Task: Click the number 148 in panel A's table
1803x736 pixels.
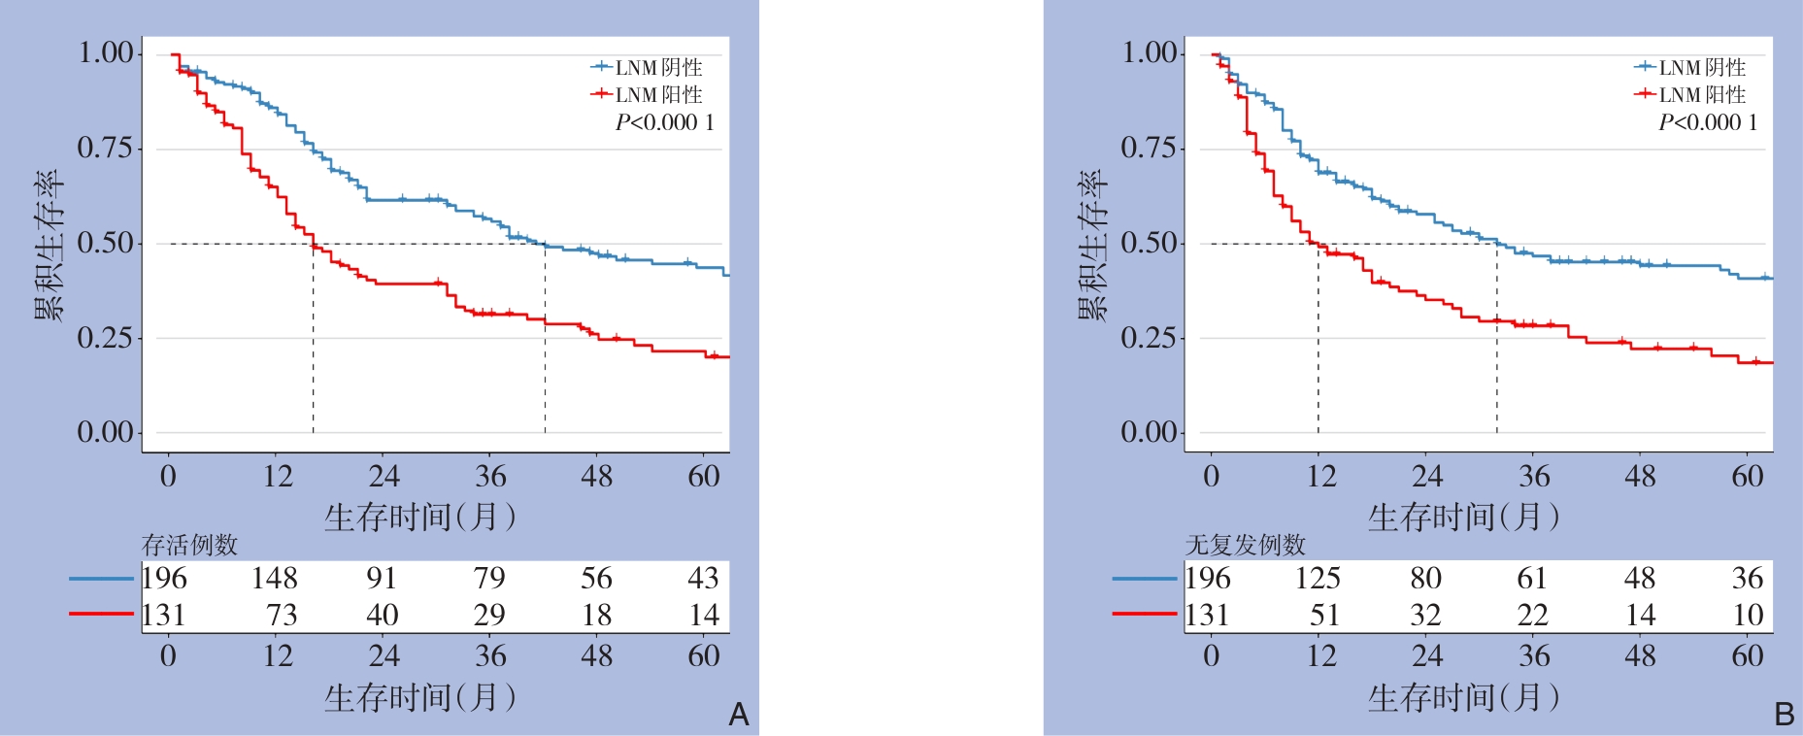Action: tap(274, 579)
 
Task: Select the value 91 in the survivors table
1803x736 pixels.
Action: tap(382, 579)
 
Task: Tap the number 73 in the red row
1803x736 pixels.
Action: tap(282, 616)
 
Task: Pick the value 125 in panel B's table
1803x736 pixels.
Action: tap(1318, 579)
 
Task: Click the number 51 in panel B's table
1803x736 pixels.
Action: tap(1324, 616)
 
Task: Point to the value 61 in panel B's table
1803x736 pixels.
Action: tap(1532, 579)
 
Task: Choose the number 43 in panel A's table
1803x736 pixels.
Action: tap(703, 579)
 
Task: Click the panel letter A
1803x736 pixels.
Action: tap(739, 715)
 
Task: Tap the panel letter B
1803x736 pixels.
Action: tap(1784, 715)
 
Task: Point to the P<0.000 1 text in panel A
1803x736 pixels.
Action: tap(665, 122)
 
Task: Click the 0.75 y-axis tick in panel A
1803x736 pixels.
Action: tap(105, 148)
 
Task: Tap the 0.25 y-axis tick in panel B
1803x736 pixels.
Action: tap(1148, 338)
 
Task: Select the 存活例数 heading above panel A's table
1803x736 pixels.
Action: tap(189, 545)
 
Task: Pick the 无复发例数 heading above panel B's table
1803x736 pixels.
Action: tap(1245, 545)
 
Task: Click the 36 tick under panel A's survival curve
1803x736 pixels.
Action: tap(490, 476)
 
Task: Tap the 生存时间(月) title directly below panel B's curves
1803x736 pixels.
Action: tap(1463, 517)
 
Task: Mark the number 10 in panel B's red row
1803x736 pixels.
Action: tap(1748, 616)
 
